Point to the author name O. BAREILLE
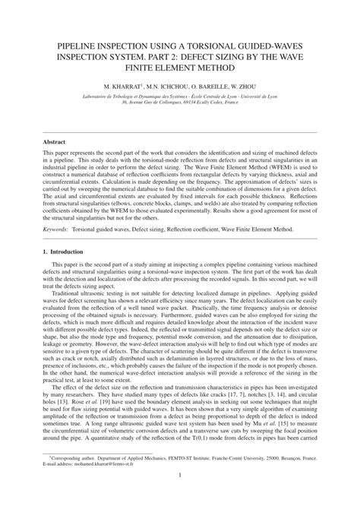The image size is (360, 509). (210, 78)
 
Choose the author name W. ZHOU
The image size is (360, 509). (251, 78)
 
